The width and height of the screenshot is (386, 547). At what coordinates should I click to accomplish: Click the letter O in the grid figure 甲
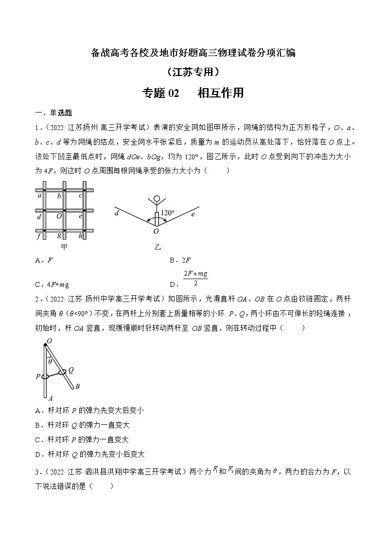tap(58, 216)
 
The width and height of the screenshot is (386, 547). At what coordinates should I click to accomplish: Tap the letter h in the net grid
tap(80, 236)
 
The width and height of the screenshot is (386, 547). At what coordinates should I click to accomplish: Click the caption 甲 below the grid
tap(64, 247)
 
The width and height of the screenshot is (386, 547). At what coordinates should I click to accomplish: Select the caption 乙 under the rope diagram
tap(157, 247)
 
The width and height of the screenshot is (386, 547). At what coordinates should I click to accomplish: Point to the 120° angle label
tap(167, 213)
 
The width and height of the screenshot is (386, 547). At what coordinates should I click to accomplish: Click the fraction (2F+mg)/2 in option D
tap(195, 279)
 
